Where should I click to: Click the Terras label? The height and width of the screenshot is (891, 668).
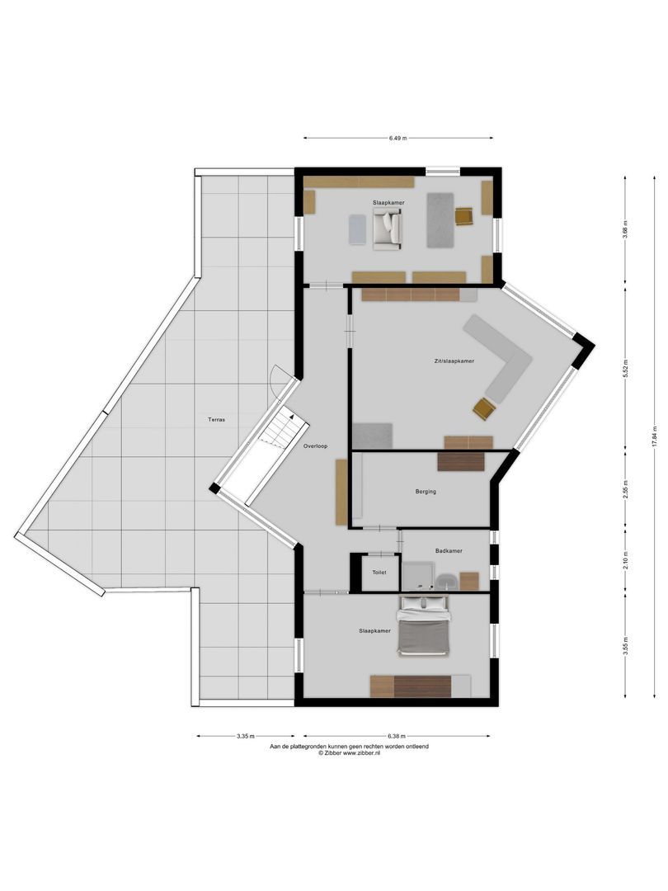coord(217,419)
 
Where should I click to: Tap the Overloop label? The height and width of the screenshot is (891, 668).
coord(315,446)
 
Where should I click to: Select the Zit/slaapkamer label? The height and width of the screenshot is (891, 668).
coord(454,361)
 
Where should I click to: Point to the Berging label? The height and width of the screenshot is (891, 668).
coord(426,492)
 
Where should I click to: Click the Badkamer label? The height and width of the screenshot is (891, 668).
coord(449,550)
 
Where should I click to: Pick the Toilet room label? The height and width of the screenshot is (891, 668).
coord(379,572)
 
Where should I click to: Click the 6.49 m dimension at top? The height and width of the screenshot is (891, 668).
coord(398,139)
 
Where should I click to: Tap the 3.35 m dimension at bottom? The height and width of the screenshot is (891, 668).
coord(244,736)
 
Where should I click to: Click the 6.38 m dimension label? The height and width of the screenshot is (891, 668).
coord(397,736)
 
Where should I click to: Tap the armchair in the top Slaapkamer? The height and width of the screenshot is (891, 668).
coord(386,229)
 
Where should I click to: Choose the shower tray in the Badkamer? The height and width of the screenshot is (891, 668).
coord(416,576)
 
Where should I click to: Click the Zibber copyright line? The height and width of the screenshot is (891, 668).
coord(349,753)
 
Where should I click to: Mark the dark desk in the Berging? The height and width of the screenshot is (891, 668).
coord(461,461)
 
